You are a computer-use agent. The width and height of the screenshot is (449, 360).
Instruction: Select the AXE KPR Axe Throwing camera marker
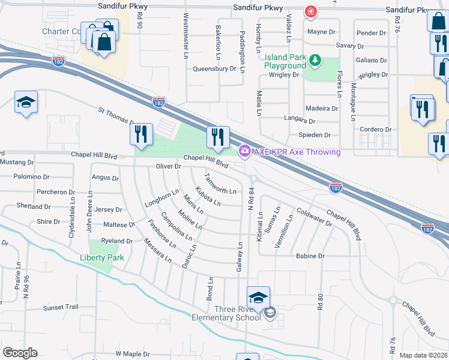tap(244, 152)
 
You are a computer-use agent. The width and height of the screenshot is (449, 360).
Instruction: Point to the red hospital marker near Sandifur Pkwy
tap(310, 11)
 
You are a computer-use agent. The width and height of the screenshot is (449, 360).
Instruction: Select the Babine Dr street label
tap(310, 256)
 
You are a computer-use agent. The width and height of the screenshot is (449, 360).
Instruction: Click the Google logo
tap(20, 353)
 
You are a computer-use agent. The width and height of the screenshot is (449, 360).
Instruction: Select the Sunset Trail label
tap(61, 307)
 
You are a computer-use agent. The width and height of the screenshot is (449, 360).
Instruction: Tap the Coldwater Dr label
tap(315, 217)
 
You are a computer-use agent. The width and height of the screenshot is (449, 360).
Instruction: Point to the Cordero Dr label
tap(375, 129)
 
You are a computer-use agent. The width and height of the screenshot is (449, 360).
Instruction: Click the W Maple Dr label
tap(133, 354)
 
